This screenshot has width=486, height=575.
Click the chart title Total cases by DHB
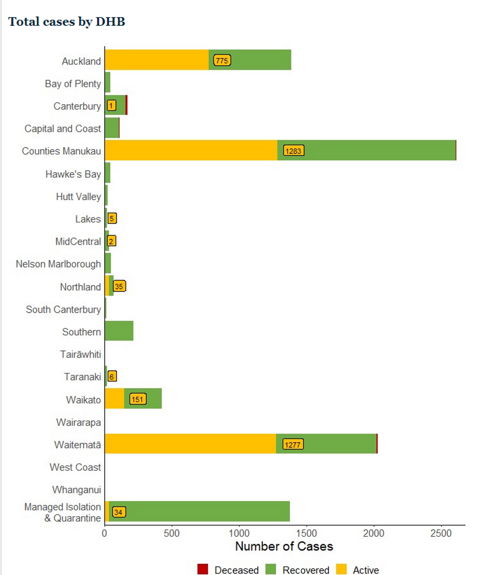(67, 22)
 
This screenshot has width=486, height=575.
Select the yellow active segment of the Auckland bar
(157, 60)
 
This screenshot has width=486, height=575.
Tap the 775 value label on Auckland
(222, 60)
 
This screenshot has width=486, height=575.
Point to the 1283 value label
(294, 151)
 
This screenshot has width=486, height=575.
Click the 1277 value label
(293, 444)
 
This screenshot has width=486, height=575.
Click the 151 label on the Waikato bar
(138, 399)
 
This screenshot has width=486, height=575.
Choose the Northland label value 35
(119, 286)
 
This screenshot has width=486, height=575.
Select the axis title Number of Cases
(284, 546)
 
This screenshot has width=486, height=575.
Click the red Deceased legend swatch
(202, 569)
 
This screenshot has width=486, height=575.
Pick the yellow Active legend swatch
(341, 569)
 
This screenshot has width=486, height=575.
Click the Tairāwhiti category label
(80, 354)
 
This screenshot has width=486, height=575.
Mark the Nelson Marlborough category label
(58, 264)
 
